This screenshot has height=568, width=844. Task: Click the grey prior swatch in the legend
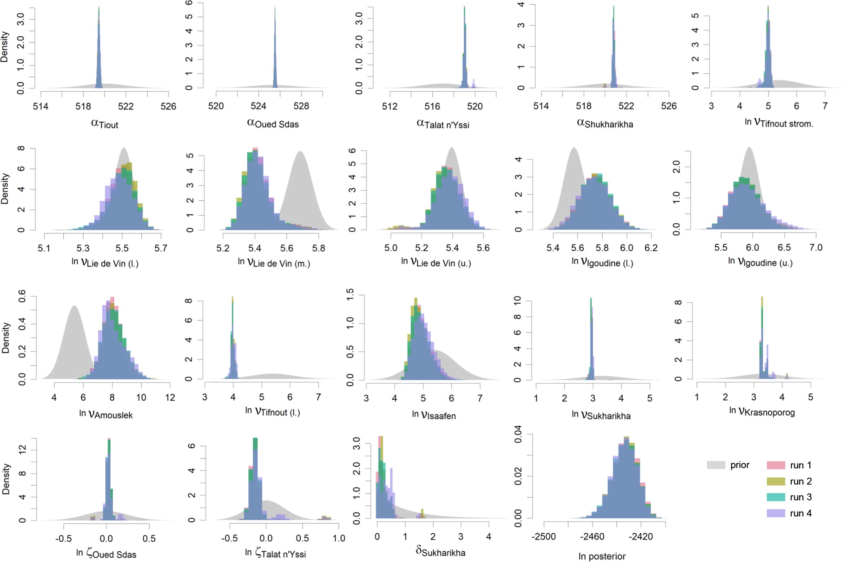click(716, 465)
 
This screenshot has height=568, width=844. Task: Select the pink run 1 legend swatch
click(776, 465)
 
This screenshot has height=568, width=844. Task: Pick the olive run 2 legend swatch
click(776, 481)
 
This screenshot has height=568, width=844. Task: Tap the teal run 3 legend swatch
click(776, 497)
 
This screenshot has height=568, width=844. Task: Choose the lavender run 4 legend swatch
click(776, 513)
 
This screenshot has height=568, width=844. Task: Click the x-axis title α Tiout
click(105, 124)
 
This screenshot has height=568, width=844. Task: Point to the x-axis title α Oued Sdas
click(273, 123)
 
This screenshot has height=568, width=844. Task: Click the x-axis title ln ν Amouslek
click(106, 414)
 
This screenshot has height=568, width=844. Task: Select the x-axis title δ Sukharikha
click(440, 552)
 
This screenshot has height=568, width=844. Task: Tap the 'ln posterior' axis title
click(602, 556)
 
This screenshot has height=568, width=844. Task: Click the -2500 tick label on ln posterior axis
click(543, 537)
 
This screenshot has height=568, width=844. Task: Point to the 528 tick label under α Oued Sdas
click(301, 106)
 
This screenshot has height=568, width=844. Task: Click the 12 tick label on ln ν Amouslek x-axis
click(170, 398)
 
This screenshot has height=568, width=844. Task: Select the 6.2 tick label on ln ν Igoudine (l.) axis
click(651, 248)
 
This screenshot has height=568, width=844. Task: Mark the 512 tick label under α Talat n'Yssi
click(390, 107)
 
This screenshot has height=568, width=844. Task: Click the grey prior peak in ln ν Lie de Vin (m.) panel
click(300, 152)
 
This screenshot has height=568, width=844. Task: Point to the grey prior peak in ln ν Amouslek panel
click(74, 306)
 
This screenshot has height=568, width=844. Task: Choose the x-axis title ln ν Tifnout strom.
click(779, 123)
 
